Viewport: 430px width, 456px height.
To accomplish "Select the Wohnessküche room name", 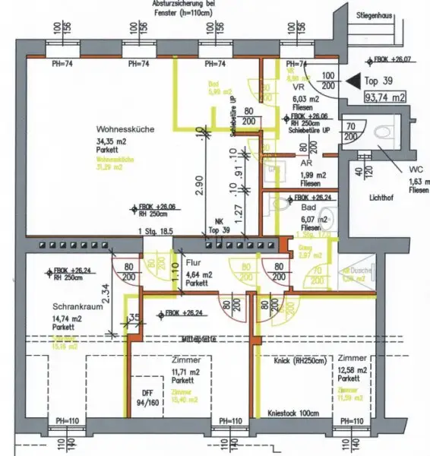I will point(126,129).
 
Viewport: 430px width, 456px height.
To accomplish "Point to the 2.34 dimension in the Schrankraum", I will point(106,292).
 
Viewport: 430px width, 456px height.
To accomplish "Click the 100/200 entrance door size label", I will point(327,82).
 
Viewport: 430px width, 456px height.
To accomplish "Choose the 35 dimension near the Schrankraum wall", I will point(134,318).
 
